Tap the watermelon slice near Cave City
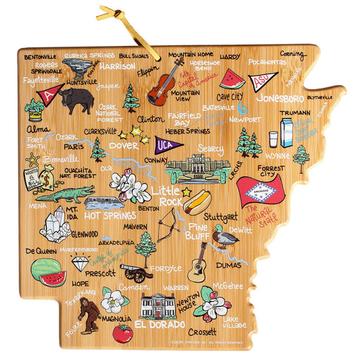pos(232,78)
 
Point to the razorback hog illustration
pos(75,100)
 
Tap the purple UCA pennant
pos(165,144)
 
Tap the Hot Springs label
pos(111,215)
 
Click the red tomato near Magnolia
pos(122,333)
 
